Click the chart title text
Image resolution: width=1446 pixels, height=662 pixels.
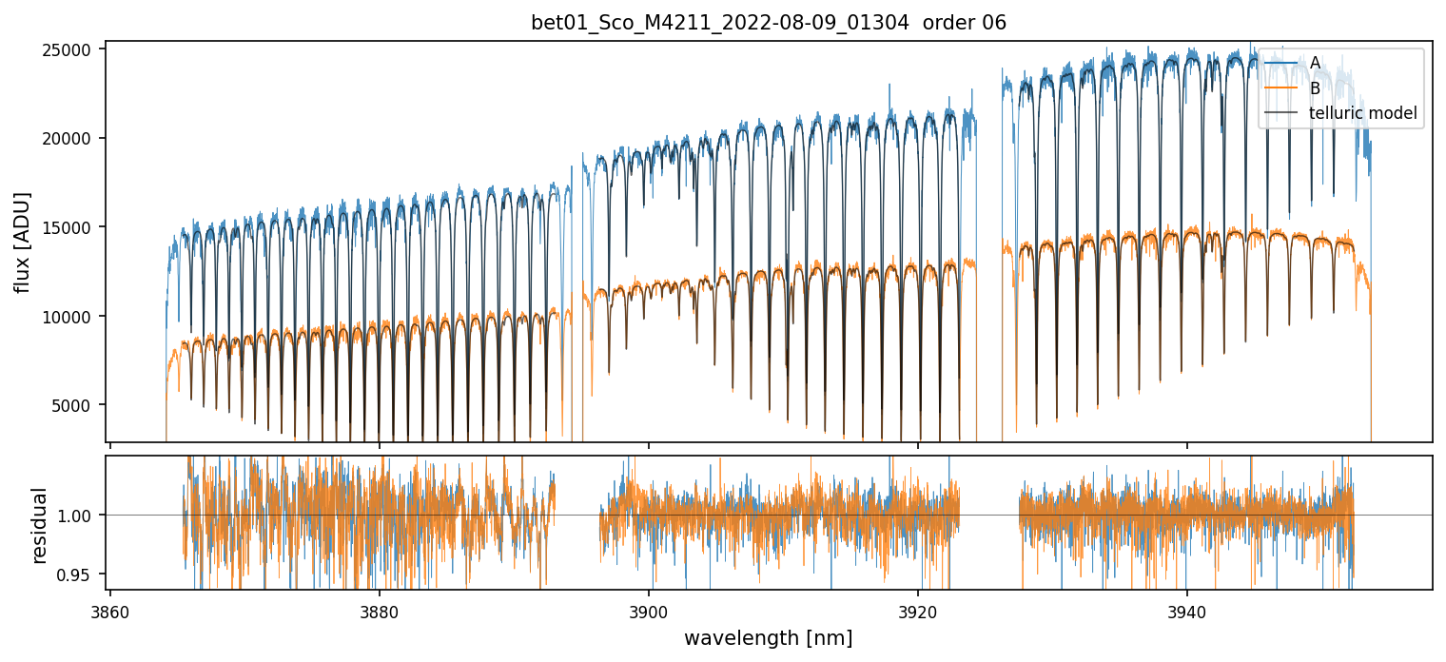pos(769,23)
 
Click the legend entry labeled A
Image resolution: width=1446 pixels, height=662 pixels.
pos(1315,63)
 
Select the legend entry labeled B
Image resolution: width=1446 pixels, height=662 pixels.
pos(1315,88)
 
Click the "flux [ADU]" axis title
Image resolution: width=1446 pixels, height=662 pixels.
pos(22,242)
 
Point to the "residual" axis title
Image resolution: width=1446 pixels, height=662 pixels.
pos(39,525)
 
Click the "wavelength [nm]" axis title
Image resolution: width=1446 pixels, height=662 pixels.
pos(769,637)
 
